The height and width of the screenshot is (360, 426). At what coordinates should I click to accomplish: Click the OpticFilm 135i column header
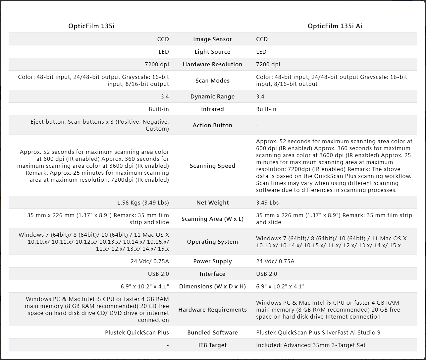click(x=91, y=26)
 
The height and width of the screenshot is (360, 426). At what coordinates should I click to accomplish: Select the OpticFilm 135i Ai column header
click(x=335, y=26)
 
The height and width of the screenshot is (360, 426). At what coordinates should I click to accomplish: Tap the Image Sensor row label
click(x=212, y=39)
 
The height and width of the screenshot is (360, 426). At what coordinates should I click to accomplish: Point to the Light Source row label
click(x=212, y=52)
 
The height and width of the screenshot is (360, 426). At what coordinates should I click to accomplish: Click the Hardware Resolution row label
click(x=212, y=64)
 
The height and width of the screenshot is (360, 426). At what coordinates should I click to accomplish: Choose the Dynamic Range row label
click(x=212, y=96)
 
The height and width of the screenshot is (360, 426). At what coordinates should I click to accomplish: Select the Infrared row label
click(x=212, y=109)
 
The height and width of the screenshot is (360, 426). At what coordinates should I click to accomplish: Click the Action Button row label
click(x=212, y=125)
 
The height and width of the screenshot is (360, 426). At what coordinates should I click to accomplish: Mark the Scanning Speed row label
click(x=212, y=166)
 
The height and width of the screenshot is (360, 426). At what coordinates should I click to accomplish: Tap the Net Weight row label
click(x=212, y=203)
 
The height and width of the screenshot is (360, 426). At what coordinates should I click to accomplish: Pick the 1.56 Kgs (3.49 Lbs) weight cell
click(x=143, y=203)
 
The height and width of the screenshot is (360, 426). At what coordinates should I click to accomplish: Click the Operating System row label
click(x=212, y=242)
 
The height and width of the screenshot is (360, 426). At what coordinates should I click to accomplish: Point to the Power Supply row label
click(x=212, y=261)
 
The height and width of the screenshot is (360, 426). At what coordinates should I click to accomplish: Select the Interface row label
click(x=212, y=274)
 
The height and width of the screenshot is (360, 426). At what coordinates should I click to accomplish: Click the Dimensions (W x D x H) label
click(x=212, y=286)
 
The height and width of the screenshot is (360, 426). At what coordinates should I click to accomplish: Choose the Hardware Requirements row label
click(x=212, y=310)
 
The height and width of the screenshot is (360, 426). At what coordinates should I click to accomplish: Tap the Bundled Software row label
click(x=212, y=332)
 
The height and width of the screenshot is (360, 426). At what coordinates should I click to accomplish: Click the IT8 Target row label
click(x=212, y=345)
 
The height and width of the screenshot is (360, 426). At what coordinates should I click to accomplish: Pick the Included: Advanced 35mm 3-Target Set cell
click(x=311, y=345)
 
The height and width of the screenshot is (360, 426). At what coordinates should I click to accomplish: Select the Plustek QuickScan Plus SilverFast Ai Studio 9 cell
click(x=318, y=332)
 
